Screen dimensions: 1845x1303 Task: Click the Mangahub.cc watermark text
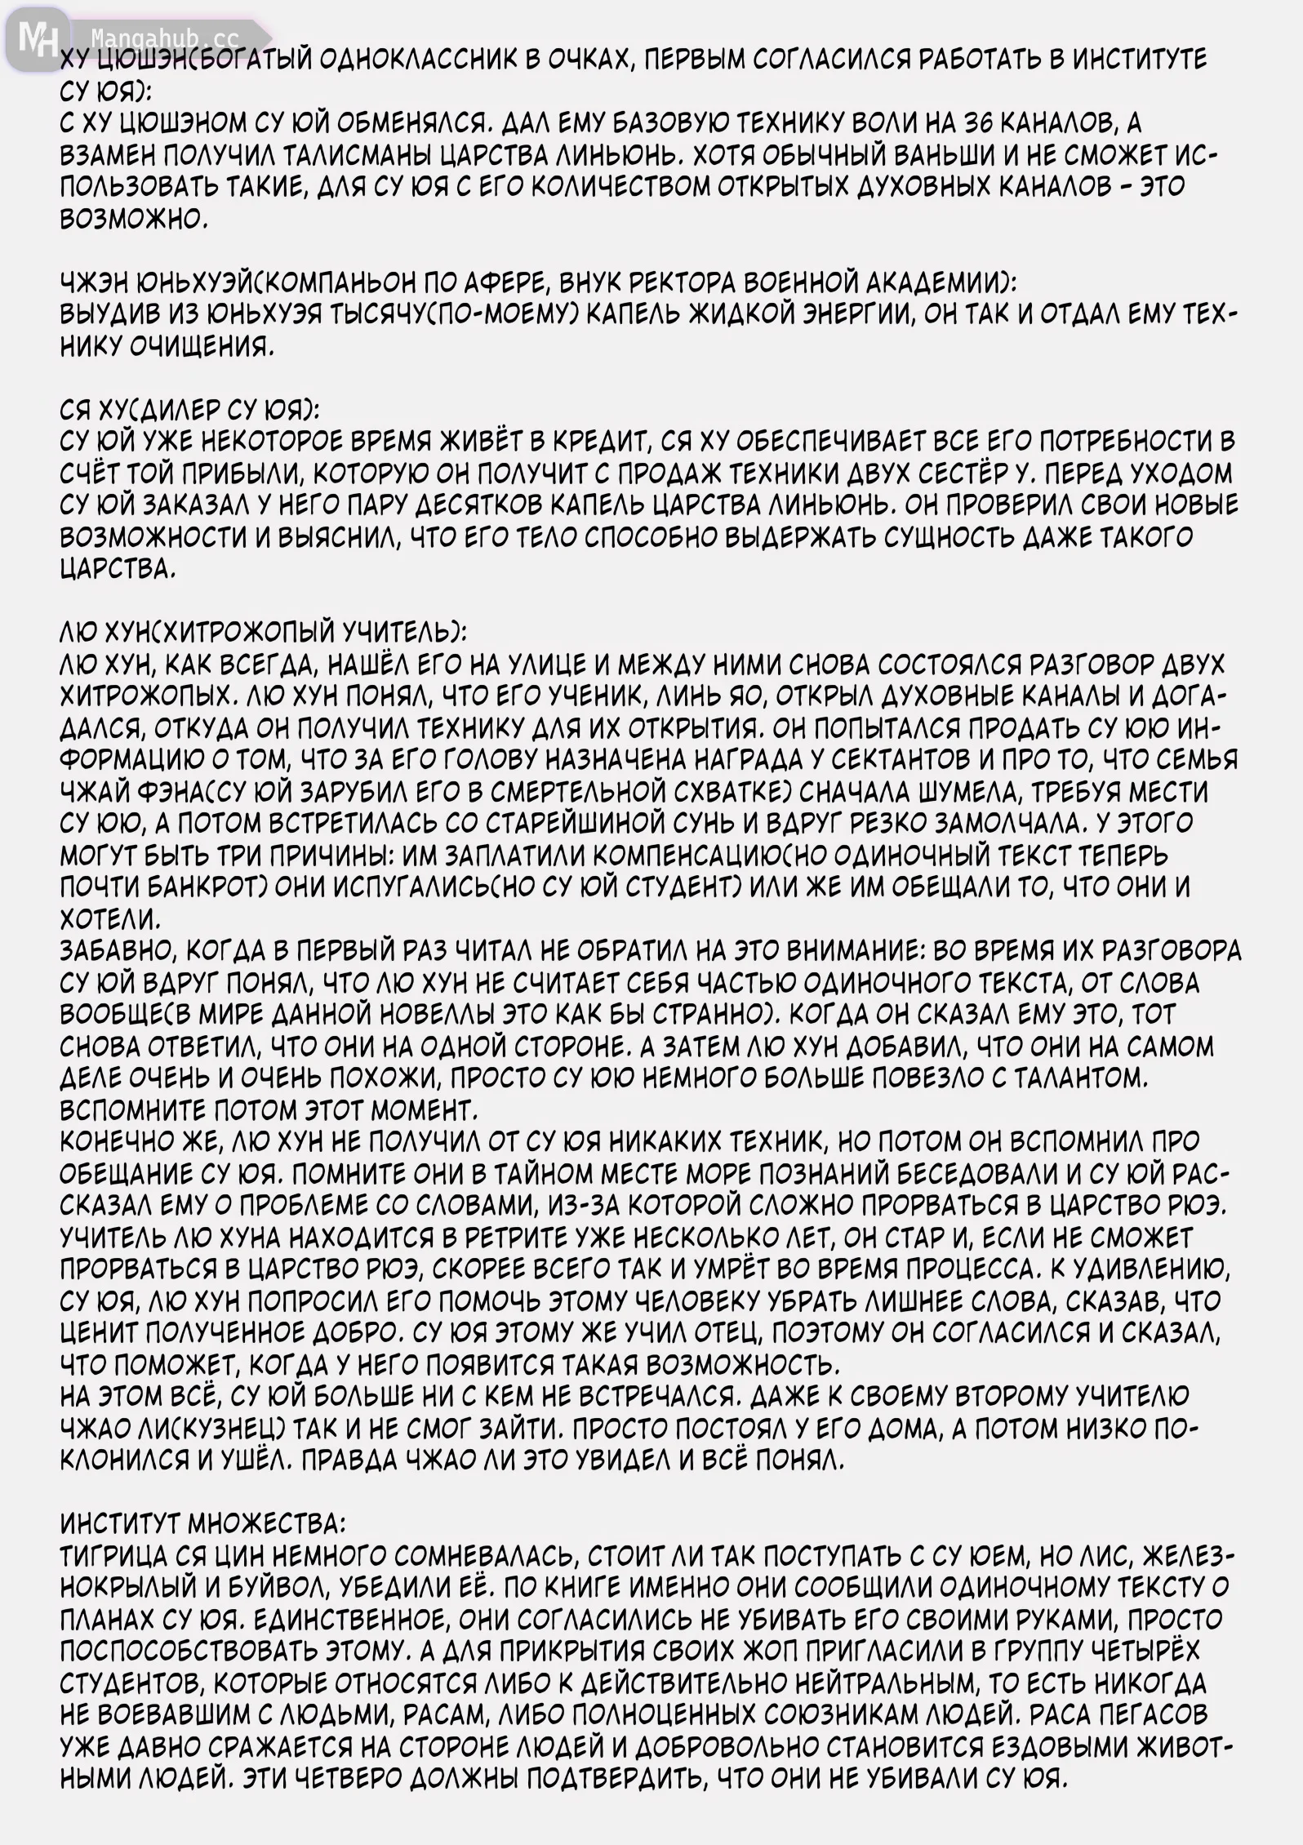click(163, 38)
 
